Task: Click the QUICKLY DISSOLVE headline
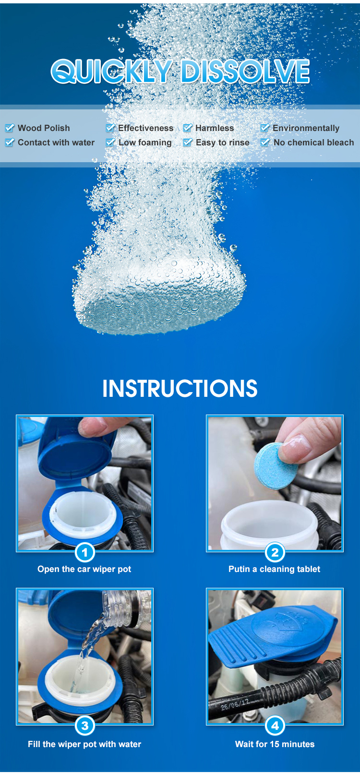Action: click(180, 72)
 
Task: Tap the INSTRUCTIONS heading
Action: click(180, 389)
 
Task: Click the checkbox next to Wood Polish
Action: click(10, 128)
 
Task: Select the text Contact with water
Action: click(56, 143)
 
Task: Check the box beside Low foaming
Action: click(110, 143)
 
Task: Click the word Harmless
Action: click(215, 128)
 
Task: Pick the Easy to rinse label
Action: click(222, 143)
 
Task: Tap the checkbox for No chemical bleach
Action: click(265, 143)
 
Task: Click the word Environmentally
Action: click(306, 128)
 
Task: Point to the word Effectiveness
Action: click(145, 128)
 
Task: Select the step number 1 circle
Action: click(85, 552)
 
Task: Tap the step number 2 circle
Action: click(275, 552)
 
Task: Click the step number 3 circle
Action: click(85, 725)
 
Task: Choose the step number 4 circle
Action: click(275, 725)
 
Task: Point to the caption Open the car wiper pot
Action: click(84, 569)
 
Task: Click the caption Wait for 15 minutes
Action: click(275, 744)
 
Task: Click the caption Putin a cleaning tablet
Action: click(274, 569)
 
